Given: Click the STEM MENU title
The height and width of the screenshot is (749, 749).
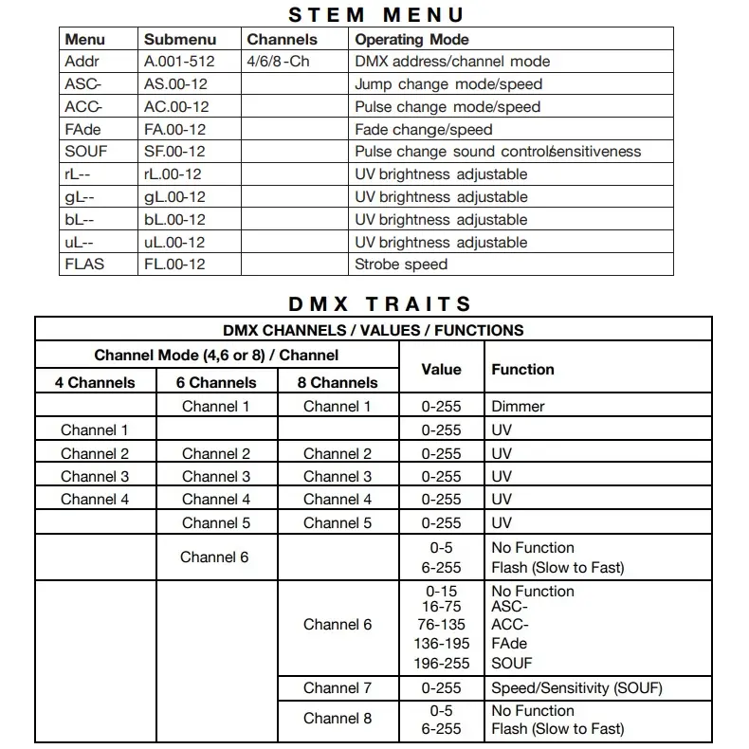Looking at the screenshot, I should (375, 14).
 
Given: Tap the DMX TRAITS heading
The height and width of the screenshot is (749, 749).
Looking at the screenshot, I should (380, 304).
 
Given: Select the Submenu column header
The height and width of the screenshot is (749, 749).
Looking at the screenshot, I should (180, 40).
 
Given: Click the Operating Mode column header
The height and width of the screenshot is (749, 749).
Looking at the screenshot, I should (411, 40).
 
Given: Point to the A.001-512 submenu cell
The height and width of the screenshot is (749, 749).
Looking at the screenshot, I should (179, 62).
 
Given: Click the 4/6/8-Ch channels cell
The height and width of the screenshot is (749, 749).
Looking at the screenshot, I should (278, 62).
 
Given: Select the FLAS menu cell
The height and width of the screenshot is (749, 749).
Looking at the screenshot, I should (84, 265).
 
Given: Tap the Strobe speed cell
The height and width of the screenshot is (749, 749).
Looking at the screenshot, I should (400, 265).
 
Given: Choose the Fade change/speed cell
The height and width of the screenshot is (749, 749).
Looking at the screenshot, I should (424, 129).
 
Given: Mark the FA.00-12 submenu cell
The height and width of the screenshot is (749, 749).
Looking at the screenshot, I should (174, 129).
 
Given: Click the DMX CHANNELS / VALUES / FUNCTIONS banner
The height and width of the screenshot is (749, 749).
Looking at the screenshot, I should (374, 331).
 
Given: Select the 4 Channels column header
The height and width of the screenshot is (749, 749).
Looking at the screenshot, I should (95, 383).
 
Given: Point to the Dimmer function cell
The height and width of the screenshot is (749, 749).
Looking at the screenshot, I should (518, 407).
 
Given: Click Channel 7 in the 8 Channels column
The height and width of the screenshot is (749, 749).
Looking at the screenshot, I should (338, 688).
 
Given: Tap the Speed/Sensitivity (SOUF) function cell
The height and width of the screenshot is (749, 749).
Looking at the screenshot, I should (576, 688).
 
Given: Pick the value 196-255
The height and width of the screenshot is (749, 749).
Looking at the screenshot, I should (441, 664).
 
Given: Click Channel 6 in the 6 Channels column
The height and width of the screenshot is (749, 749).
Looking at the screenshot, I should (216, 557).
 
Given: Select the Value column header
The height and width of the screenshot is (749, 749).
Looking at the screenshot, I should (441, 370).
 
